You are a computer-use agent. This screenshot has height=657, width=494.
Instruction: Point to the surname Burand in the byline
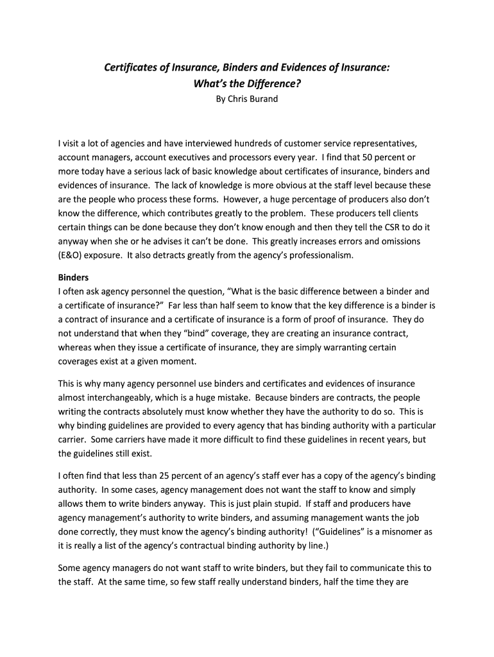pos(264,99)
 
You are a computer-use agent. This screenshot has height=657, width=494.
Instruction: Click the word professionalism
pos(319,255)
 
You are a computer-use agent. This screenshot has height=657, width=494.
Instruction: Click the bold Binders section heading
pos(73,278)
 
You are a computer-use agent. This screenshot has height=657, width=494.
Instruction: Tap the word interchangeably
pos(124,398)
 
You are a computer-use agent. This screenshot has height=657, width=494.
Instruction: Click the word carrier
pos(72,439)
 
